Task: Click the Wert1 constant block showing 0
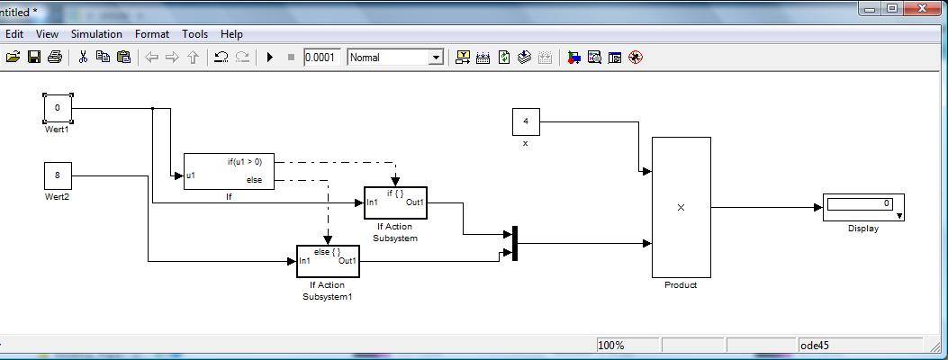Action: (58, 109)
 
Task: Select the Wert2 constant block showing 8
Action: (58, 175)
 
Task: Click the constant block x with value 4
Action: (526, 122)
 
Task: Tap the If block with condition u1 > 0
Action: (229, 171)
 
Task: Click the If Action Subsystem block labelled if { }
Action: (395, 203)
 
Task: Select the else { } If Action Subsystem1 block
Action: (329, 261)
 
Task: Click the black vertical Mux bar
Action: (515, 243)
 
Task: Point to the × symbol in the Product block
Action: (681, 207)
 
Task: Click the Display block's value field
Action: (860, 204)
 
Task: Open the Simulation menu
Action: (96, 34)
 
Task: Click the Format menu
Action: (152, 34)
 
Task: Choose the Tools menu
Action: (194, 34)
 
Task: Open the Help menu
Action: (231, 34)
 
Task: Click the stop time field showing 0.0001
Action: (322, 58)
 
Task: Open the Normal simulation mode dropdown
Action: (395, 58)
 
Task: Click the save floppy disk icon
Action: (34, 58)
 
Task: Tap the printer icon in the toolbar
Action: (55, 58)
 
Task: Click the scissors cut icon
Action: (84, 58)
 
